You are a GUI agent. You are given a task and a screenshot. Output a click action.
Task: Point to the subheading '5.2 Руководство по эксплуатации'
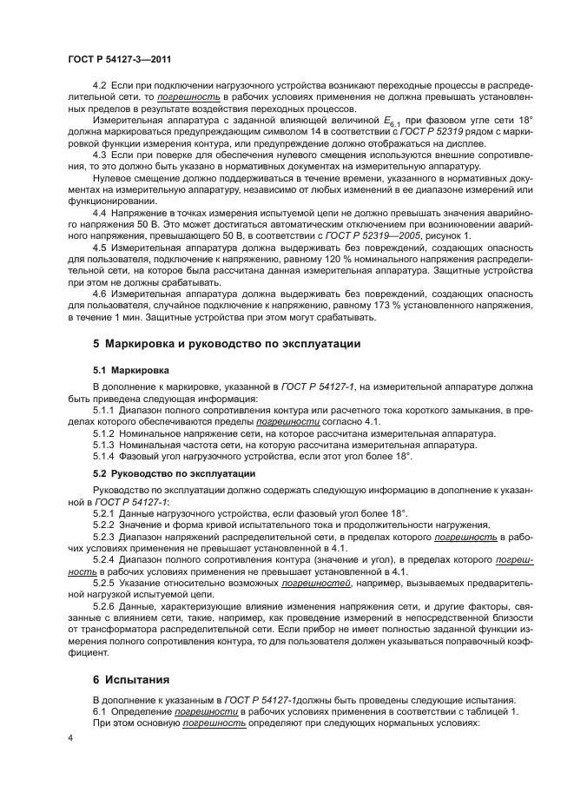pyautogui.click(x=174, y=473)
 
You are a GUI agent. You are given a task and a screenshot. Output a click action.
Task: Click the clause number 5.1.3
pyautogui.click(x=104, y=444)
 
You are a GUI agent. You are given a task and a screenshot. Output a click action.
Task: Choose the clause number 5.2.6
pyautogui.click(x=104, y=602)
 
